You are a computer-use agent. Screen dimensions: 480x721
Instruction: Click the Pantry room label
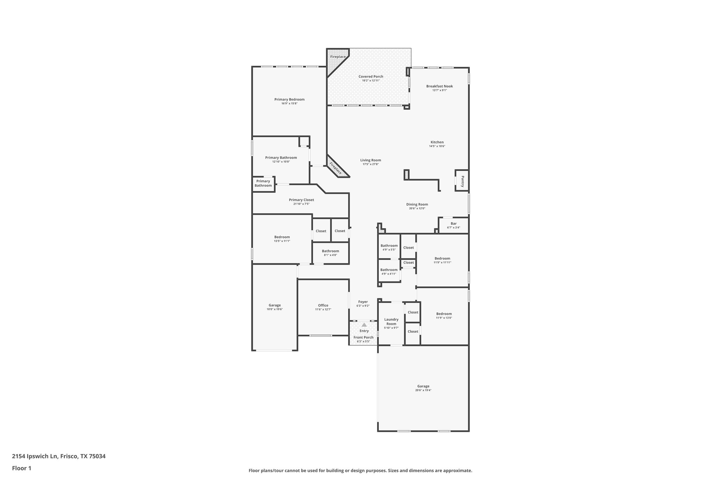click(x=463, y=181)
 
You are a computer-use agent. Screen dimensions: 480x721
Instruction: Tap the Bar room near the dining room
click(x=453, y=225)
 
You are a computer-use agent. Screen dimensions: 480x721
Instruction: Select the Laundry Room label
click(x=391, y=322)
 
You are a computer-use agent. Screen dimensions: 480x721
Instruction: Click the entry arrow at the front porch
click(x=364, y=325)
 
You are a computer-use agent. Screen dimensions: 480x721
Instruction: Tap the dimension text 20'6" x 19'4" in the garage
click(x=423, y=390)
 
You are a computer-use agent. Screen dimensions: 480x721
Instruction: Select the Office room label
click(x=323, y=305)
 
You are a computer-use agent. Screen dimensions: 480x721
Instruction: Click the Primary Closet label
click(x=301, y=200)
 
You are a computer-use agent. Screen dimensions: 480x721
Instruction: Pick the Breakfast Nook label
click(x=439, y=86)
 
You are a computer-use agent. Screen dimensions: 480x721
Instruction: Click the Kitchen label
click(x=437, y=142)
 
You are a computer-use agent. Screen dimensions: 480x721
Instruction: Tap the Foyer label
click(x=363, y=302)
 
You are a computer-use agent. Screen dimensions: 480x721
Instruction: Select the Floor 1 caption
click(x=21, y=468)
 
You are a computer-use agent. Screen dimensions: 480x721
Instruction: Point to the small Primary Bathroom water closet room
click(x=263, y=183)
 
